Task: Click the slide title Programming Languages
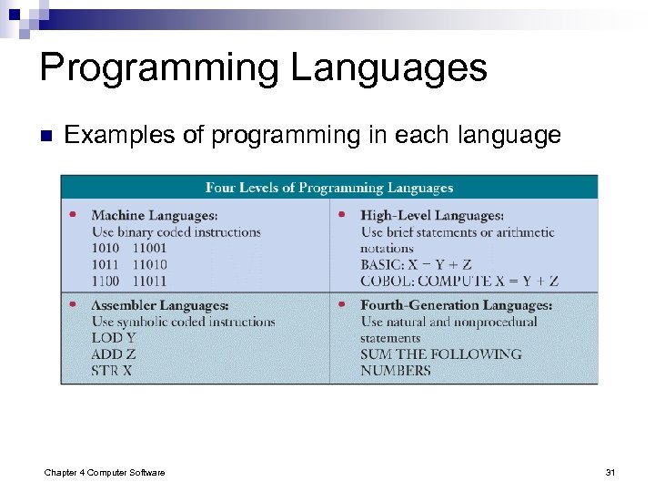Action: (263, 68)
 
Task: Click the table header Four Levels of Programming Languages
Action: (328, 188)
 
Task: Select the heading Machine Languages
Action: (154, 216)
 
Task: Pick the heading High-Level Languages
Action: (431, 216)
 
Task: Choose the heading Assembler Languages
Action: (159, 305)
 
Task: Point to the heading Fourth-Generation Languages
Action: (456, 305)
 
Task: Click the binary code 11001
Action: (149, 249)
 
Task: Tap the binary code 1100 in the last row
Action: (106, 282)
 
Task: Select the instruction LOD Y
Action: (114, 338)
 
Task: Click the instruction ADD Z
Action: (114, 354)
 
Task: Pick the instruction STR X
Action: (112, 371)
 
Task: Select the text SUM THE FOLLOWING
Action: (440, 354)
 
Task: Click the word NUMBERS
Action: (395, 371)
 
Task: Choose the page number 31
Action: (610, 472)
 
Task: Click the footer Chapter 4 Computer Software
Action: (105, 472)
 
